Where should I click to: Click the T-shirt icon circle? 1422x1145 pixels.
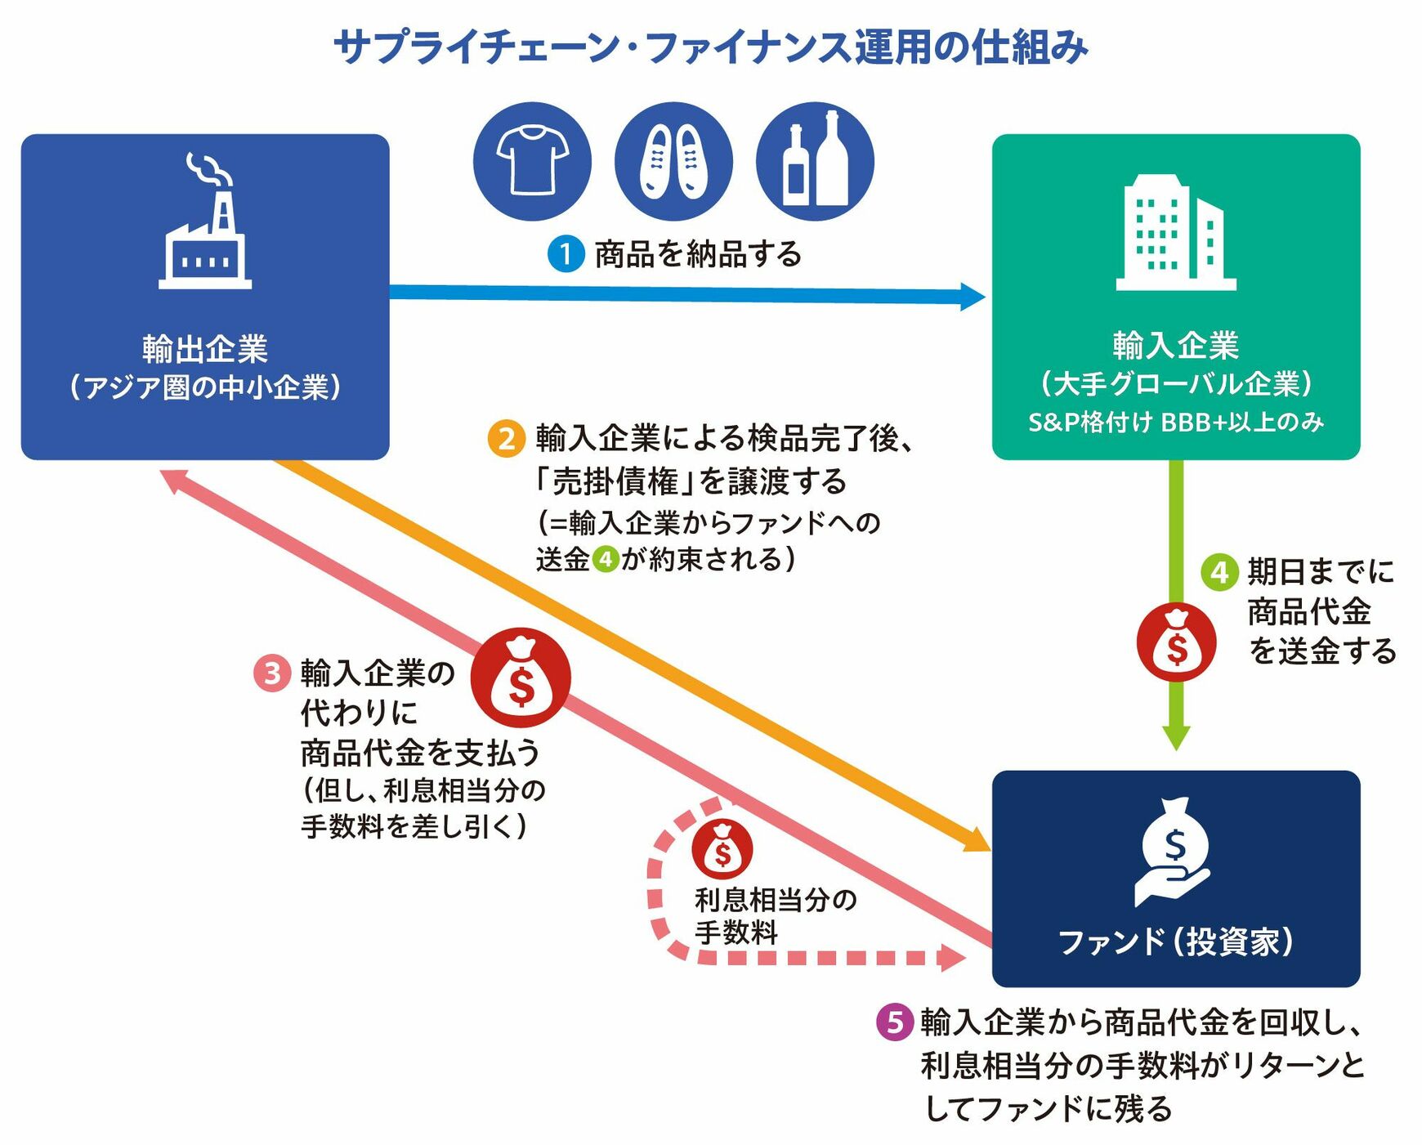[532, 161]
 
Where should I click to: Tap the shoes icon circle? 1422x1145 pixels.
[673, 161]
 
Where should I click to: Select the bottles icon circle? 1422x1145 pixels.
[815, 161]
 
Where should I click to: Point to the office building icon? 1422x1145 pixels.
[1175, 233]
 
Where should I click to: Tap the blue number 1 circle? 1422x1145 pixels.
[566, 254]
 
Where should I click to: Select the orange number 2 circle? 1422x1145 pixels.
[507, 439]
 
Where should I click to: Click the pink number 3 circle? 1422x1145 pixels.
[272, 673]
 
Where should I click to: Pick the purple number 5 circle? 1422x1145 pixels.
[895, 1022]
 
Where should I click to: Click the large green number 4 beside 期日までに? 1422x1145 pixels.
[1219, 571]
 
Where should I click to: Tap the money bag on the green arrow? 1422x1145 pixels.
[1176, 642]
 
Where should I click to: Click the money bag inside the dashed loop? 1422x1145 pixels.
[722, 848]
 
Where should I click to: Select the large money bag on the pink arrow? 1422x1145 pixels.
[521, 678]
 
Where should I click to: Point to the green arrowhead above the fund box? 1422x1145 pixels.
[1176, 737]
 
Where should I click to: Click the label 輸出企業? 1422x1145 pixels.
[205, 349]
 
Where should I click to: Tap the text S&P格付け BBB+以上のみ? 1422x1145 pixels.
[1175, 422]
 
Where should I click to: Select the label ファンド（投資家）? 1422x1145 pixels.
[1175, 941]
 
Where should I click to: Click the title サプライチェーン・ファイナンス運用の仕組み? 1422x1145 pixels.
[711, 47]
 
